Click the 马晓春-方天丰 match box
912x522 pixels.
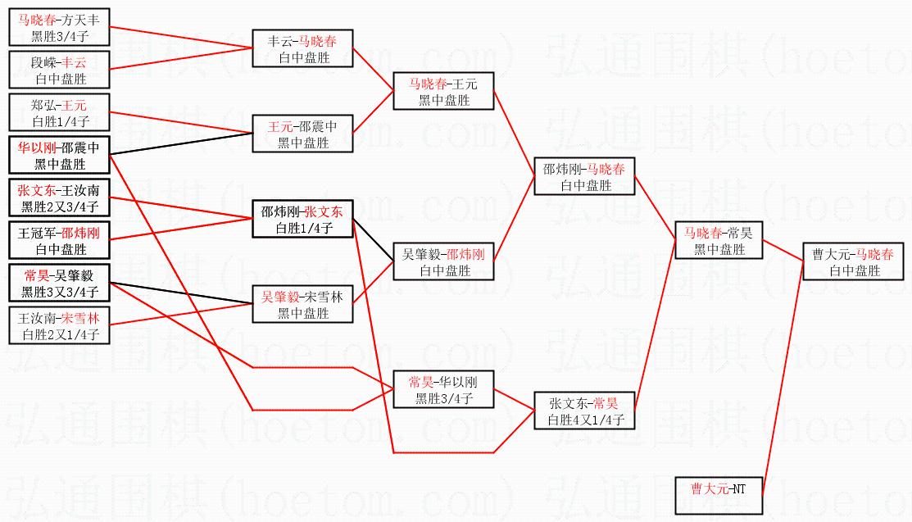pos(59,27)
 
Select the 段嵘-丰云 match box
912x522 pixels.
pos(59,70)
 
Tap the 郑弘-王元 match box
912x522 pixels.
pos(59,112)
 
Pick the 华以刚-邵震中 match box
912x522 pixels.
pos(59,155)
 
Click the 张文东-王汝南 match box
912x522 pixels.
pos(59,197)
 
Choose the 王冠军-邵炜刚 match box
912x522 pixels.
pos(59,240)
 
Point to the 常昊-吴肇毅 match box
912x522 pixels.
pos(59,283)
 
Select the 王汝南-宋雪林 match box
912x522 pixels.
pos(59,325)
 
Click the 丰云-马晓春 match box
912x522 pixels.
pos(302,48)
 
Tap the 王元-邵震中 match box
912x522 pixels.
pos(302,134)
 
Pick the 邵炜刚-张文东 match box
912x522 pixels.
pos(302,219)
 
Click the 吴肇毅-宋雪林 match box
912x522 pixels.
pos(302,304)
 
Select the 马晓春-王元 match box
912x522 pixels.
pos(444,91)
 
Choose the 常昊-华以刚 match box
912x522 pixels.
pos(444,389)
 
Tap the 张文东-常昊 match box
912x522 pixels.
pos(584,411)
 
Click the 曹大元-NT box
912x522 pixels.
pos(719,496)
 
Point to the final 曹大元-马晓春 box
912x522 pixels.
pos(853,262)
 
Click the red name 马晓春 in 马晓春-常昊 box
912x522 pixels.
pos(702,234)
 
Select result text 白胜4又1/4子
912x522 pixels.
pos(585,420)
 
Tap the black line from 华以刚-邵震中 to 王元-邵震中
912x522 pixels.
pos(181,143)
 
